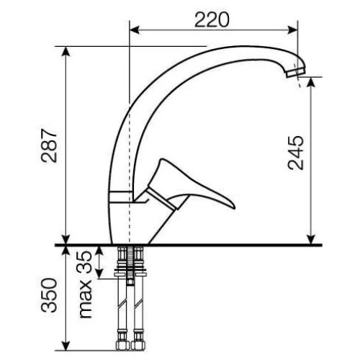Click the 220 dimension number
(212, 19)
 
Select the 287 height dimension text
(49, 145)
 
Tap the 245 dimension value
(295, 153)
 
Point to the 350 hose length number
(49, 295)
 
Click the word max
(86, 299)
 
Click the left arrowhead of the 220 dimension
(135, 30)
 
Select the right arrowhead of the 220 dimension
(293, 30)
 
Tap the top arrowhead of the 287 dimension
(66, 51)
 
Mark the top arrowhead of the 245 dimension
(311, 82)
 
